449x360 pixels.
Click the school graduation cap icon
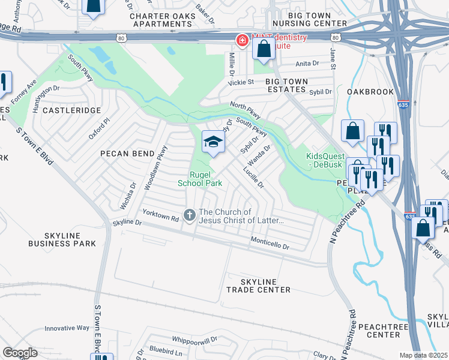click(x=213, y=142)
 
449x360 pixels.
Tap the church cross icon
click(x=190, y=215)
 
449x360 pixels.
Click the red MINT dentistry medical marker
click(x=242, y=41)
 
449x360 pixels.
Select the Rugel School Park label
click(x=200, y=179)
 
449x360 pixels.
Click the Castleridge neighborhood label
click(x=70, y=111)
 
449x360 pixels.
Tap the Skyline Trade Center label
click(x=258, y=286)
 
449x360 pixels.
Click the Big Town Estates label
click(x=287, y=85)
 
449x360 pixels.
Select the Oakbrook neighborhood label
click(x=370, y=92)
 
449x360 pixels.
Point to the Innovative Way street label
click(x=67, y=328)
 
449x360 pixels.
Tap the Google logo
click(x=20, y=353)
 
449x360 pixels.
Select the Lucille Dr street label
click(x=253, y=178)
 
